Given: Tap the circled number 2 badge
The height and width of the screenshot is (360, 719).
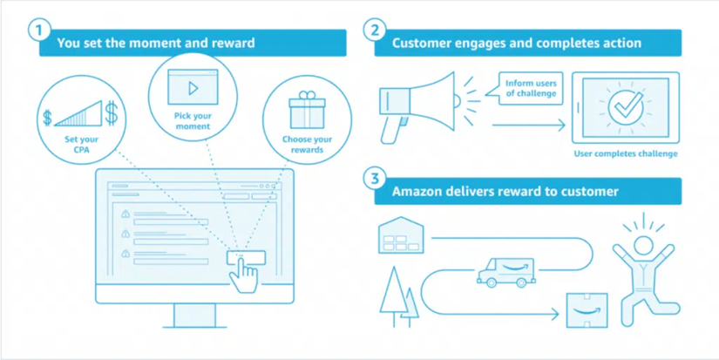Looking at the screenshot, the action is (375, 31).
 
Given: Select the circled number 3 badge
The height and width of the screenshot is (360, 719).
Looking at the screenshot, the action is (375, 179).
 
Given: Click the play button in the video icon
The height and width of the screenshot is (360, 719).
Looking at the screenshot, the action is (193, 88).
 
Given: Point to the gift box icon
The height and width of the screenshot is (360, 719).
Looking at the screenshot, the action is (307, 110).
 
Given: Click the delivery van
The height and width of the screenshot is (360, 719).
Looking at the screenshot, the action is (505, 273).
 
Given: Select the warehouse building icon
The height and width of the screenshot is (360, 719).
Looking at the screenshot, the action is (401, 234).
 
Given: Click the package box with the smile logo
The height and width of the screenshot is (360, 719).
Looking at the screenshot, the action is (587, 310).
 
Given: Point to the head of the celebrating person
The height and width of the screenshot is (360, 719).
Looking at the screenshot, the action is (643, 245).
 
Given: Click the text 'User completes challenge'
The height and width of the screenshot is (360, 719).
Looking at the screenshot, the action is (626, 153).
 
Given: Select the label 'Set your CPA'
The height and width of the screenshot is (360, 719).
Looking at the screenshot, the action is (81, 144).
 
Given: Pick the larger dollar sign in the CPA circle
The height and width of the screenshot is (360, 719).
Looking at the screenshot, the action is (112, 112).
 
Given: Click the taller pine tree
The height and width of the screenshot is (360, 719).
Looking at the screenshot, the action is (393, 296).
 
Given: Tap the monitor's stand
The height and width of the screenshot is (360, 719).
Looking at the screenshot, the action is (194, 316).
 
